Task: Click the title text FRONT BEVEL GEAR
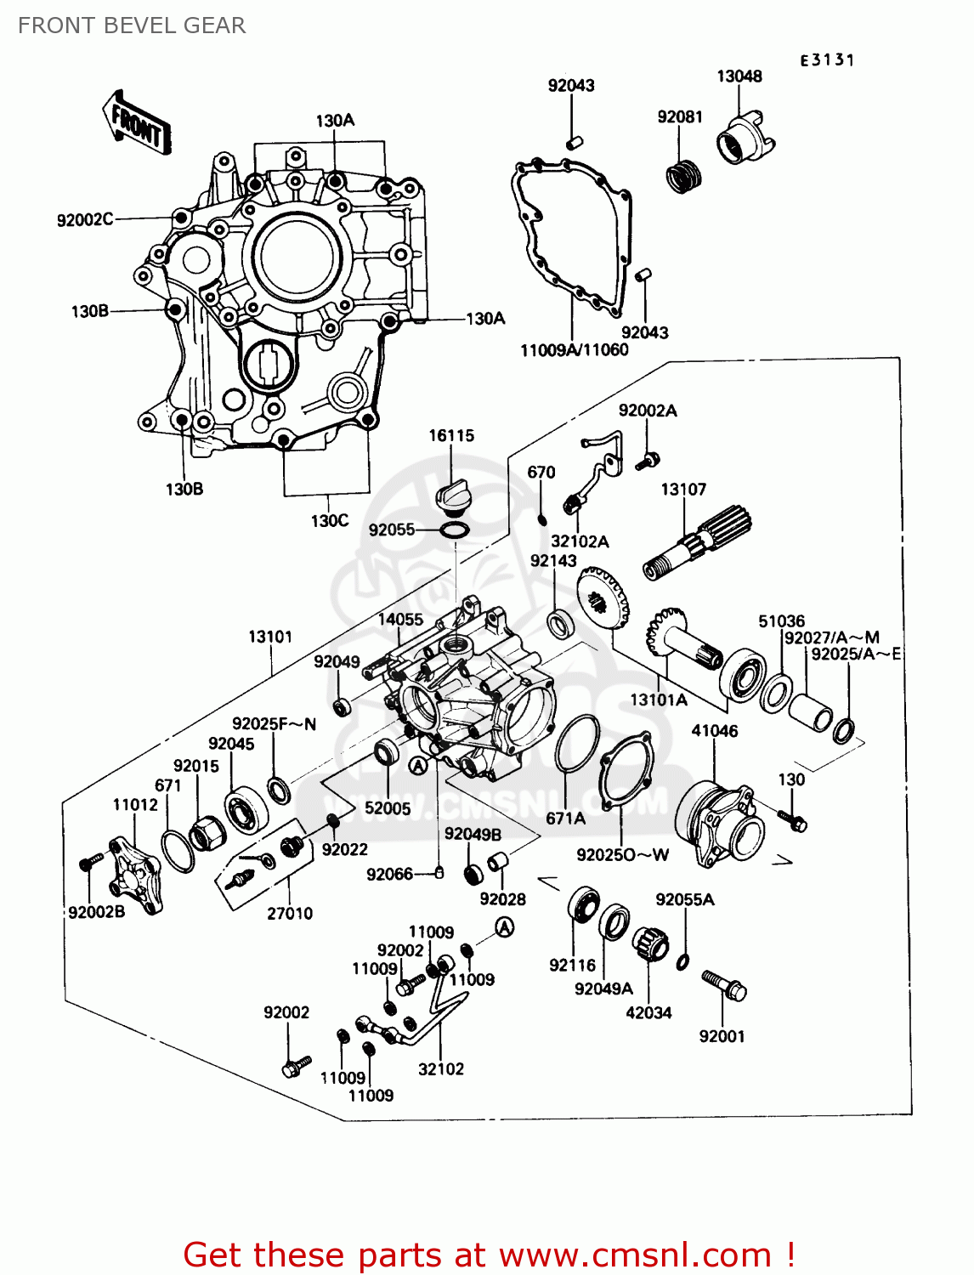pos(132,25)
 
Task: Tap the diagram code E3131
pos(826,59)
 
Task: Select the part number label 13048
pos(739,76)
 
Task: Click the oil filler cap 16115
pos(450,496)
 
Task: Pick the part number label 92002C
pos(84,219)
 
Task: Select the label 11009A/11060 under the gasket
pos(575,349)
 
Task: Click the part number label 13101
pos(270,637)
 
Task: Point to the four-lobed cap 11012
pos(136,875)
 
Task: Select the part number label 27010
pos(290,913)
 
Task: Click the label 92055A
pos(684,899)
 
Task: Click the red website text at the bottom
pos(489,1254)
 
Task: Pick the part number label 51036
pos(781,620)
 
